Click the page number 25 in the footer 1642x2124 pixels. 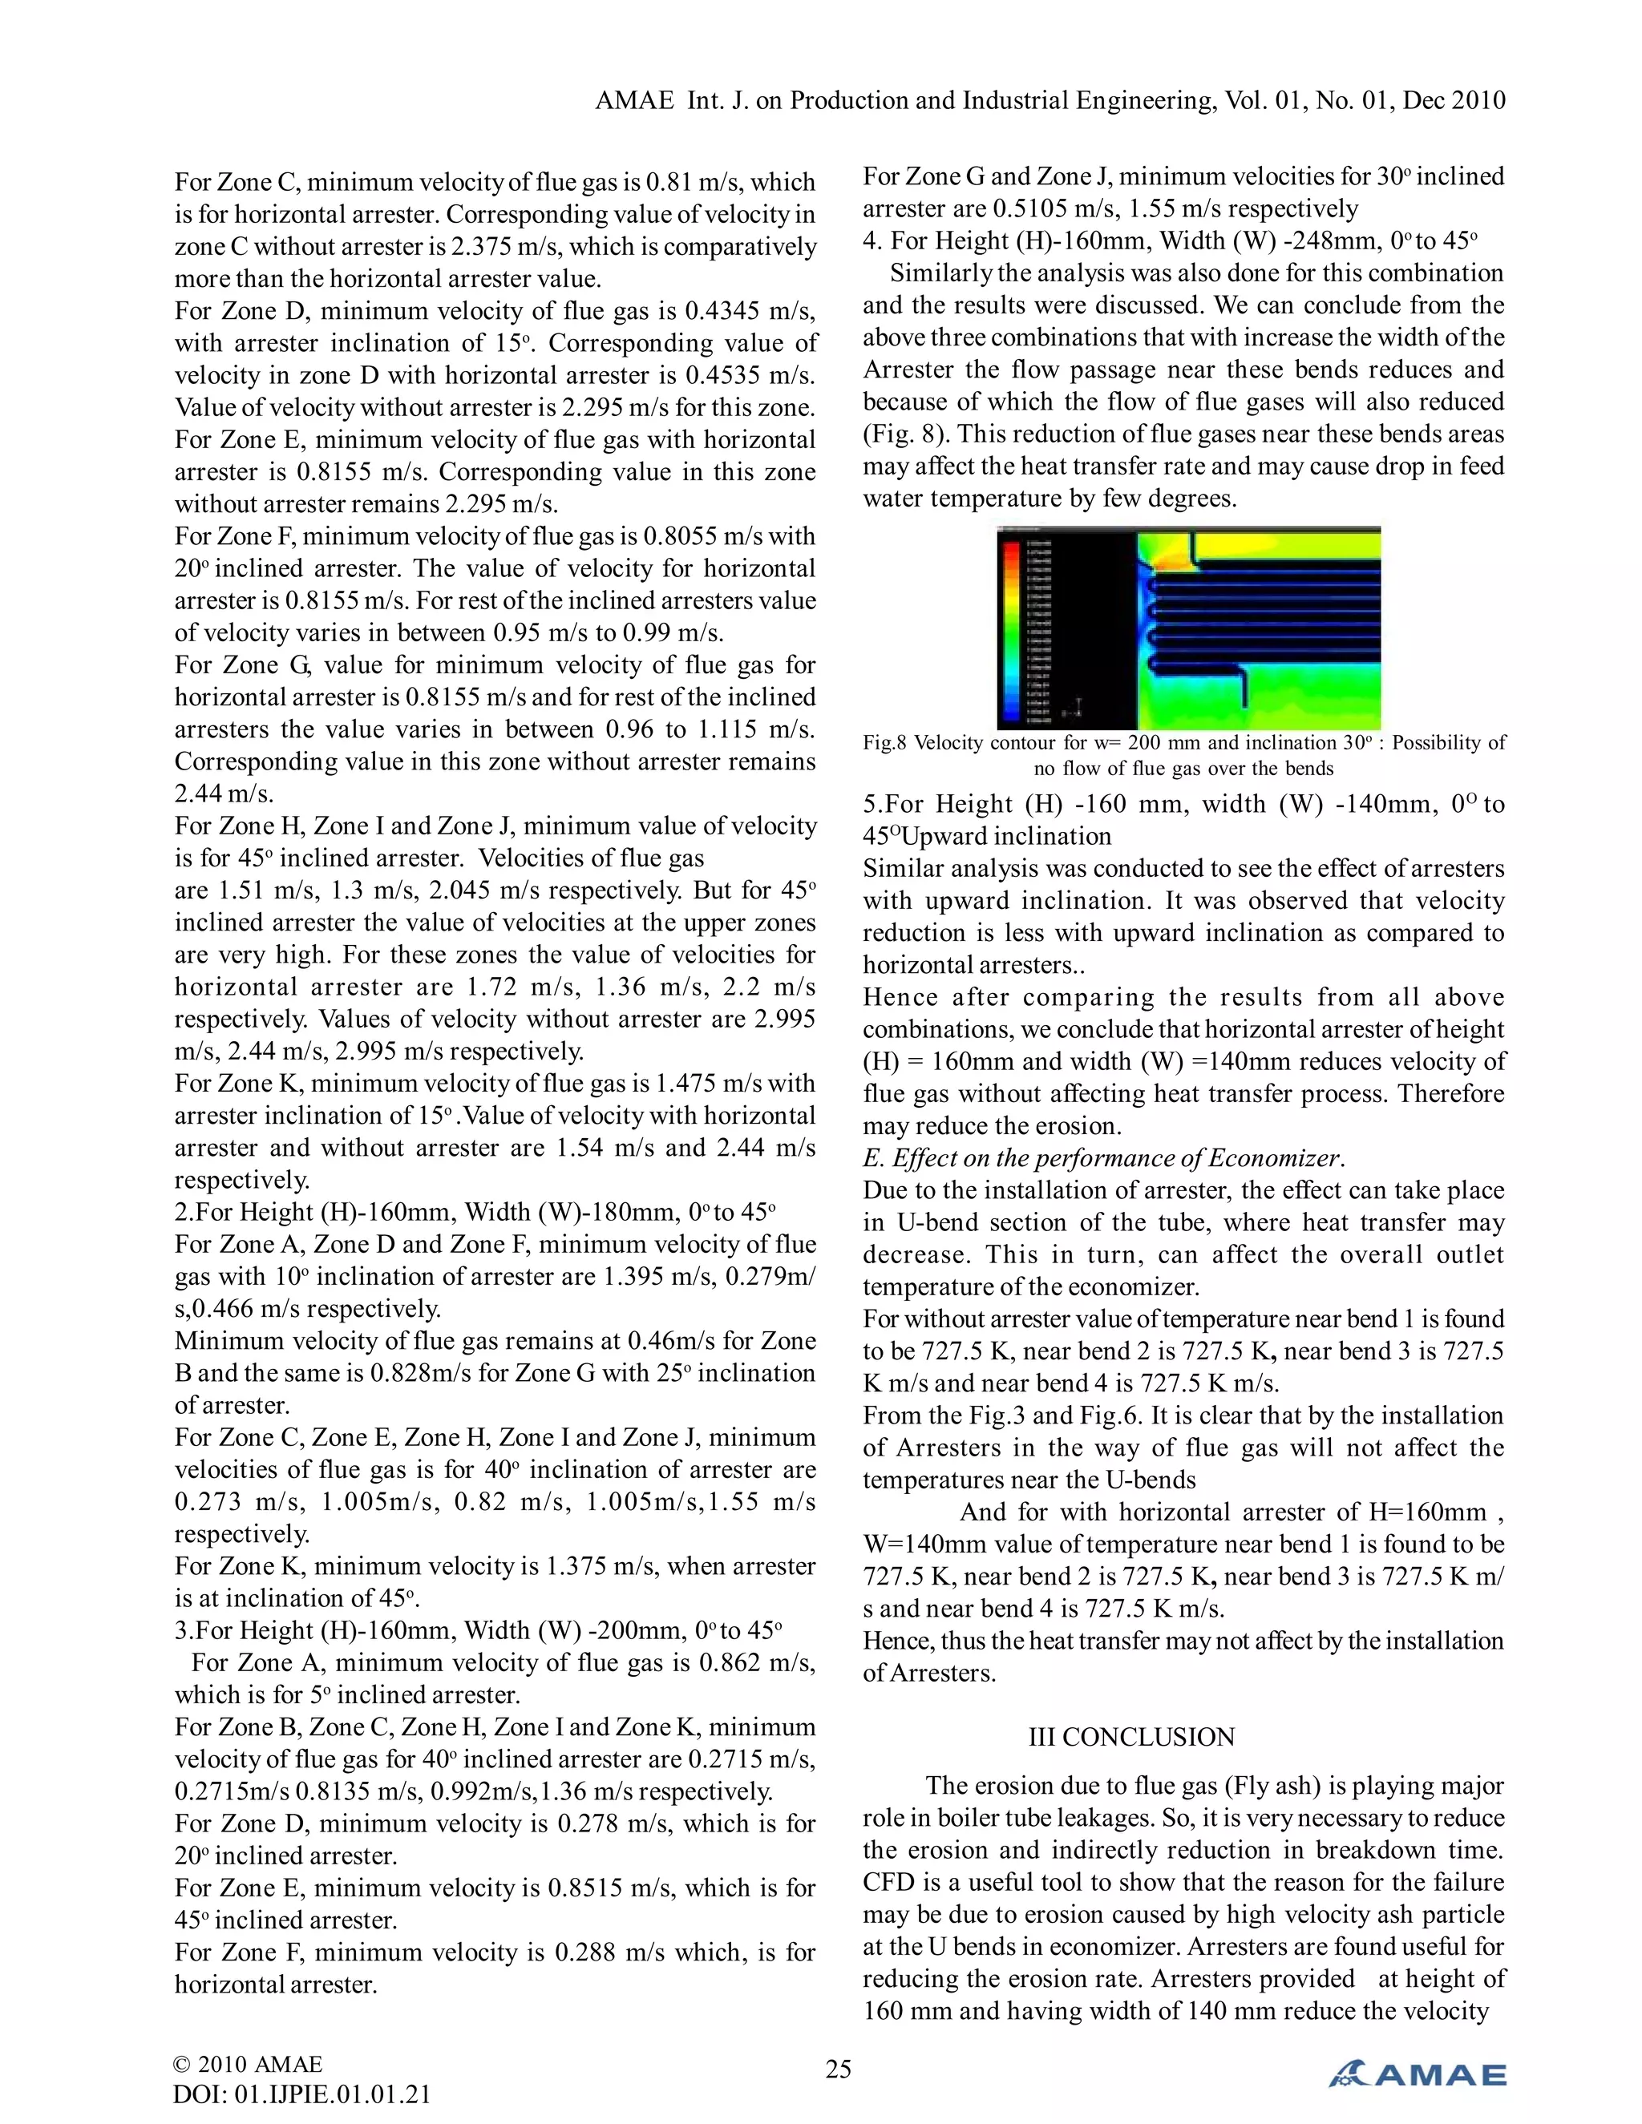(x=838, y=2069)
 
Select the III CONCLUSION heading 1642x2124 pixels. (x=1131, y=1737)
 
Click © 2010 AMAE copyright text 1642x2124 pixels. (x=247, y=2064)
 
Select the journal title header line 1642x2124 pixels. (x=1050, y=100)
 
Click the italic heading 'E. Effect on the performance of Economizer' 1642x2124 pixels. (x=1103, y=1158)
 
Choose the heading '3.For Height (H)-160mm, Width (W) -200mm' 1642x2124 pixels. (x=477, y=1631)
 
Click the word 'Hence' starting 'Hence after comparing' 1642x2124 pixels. (x=900, y=998)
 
